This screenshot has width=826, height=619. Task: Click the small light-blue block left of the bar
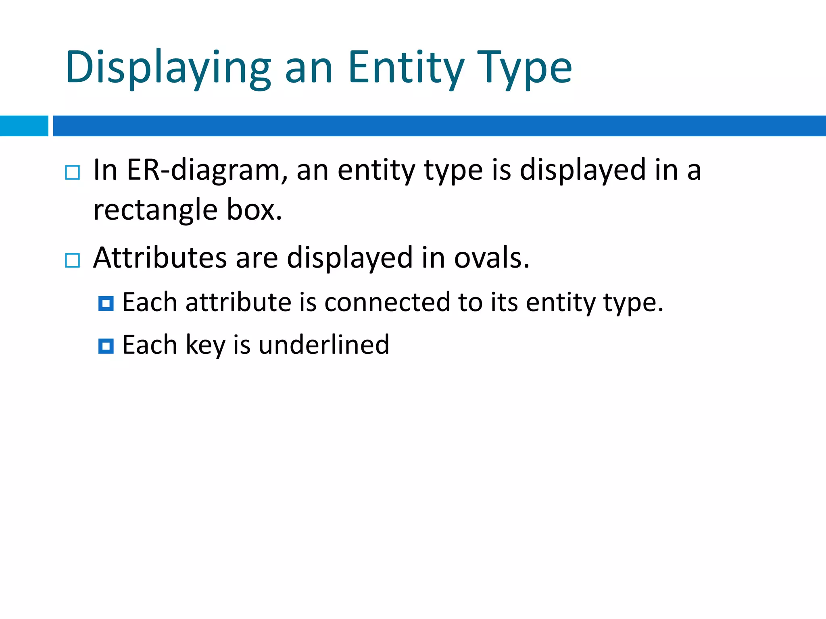24,126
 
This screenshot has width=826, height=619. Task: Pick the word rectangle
155,210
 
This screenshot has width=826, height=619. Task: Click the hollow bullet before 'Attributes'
73,260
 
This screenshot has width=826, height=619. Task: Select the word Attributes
160,258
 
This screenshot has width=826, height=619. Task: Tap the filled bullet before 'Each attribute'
106,303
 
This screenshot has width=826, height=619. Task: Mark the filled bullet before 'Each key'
106,346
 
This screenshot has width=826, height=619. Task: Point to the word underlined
324,345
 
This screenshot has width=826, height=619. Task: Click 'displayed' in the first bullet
582,170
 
